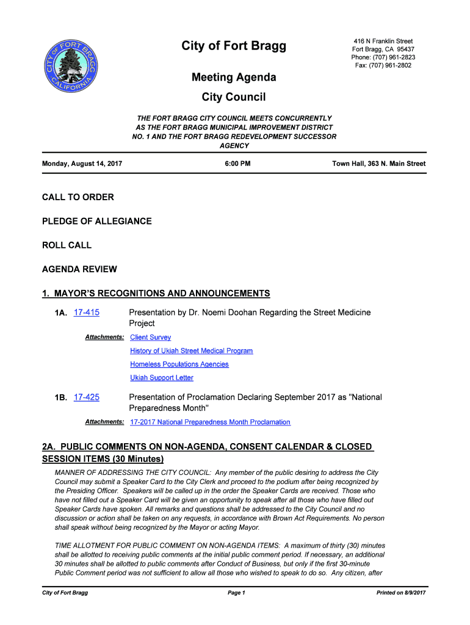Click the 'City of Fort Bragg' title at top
coord(234,46)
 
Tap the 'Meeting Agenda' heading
coord(234,78)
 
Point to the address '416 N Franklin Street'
coord(383,42)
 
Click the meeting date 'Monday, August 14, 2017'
coord(82,164)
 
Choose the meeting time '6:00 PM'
coord(234,164)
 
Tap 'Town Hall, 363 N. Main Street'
coord(378,164)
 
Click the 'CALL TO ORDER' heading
coord(78,197)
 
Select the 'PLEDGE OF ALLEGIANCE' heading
coord(96,221)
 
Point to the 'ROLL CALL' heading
coord(67,245)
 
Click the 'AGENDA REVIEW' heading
coord(79,269)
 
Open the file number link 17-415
coord(86,312)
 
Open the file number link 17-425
coord(86,397)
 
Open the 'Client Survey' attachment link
coord(151,338)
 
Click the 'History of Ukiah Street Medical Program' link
coord(191,351)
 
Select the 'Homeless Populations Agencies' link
coord(179,364)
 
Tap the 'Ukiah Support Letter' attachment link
coord(162,378)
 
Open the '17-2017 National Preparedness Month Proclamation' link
coord(210,422)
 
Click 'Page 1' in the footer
coord(236,593)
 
